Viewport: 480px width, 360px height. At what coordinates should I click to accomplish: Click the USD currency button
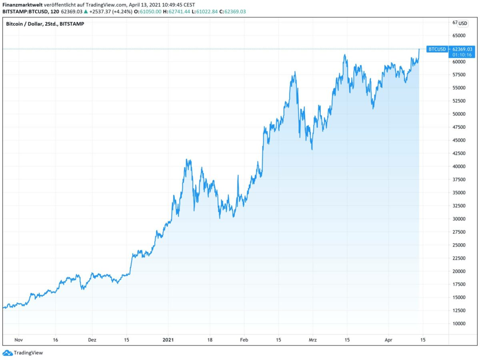coord(463,23)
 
